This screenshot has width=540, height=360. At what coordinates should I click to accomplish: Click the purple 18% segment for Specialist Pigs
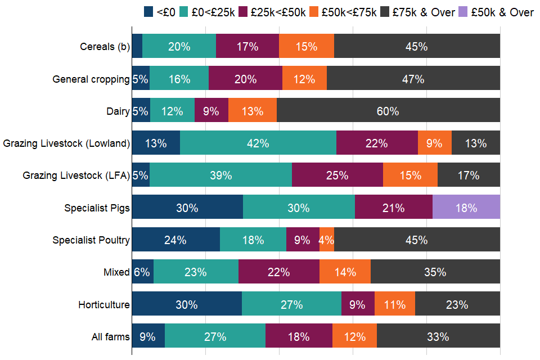click(x=466, y=208)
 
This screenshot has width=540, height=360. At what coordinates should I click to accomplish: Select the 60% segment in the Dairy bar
click(x=388, y=111)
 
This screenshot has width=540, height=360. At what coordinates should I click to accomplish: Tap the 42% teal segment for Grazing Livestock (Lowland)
click(x=258, y=143)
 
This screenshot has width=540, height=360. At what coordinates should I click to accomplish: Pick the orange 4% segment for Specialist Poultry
click(x=327, y=240)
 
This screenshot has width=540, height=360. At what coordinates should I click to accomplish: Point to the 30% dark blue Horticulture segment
click(x=187, y=305)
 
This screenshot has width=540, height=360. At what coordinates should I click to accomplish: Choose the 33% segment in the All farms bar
click(x=438, y=337)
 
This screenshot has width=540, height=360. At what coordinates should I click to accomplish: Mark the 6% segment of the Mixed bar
click(x=142, y=272)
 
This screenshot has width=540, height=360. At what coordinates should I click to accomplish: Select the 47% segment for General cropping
click(x=413, y=79)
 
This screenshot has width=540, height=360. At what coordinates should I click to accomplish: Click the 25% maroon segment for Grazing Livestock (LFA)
click(x=337, y=175)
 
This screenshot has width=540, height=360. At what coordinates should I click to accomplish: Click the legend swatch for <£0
click(x=149, y=12)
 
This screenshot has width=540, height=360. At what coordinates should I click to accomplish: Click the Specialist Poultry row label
click(x=91, y=240)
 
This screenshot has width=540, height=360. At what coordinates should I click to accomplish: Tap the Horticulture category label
click(x=104, y=305)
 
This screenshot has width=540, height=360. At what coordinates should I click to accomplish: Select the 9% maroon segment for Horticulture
click(x=358, y=305)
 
